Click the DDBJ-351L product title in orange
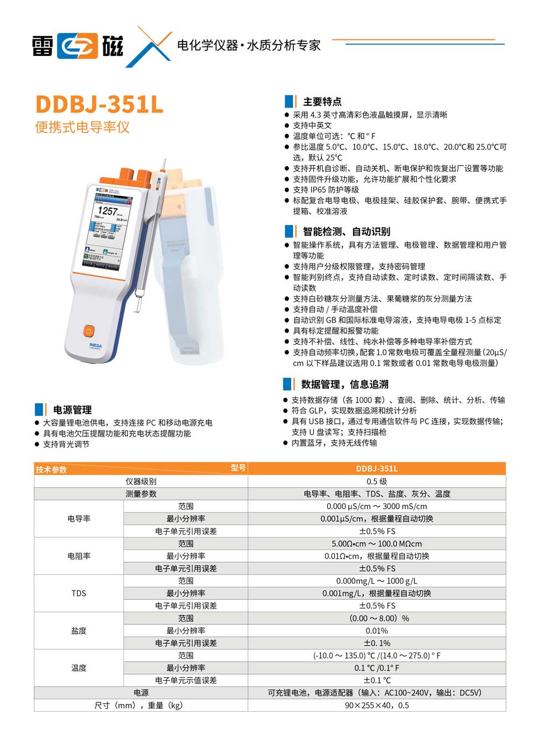100,104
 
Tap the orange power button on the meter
89,331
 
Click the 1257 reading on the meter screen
107,211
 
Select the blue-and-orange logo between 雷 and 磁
77,46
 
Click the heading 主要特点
322,102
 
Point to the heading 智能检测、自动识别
346,232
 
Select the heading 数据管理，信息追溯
344,384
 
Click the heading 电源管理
72,410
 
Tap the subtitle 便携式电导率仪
82,127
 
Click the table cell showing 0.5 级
376,481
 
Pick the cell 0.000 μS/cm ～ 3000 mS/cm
376,506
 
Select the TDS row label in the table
79,593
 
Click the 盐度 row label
79,630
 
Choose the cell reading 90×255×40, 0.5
376,705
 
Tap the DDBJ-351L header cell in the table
376,469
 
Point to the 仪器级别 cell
141,481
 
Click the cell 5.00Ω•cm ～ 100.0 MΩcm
376,544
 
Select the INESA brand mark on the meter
95,346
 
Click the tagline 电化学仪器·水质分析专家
249,45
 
